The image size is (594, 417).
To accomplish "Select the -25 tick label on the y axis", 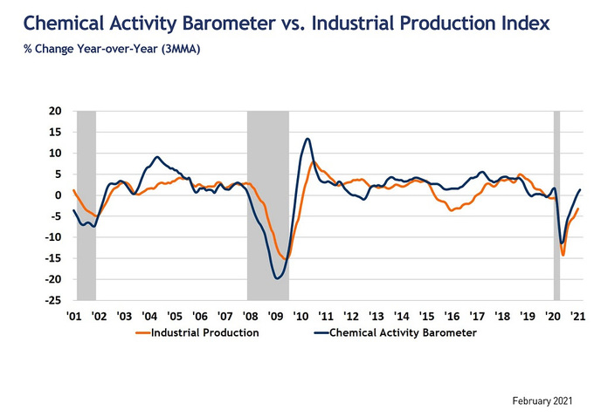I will point(55,300).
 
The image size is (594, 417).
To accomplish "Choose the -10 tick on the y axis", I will point(55,237).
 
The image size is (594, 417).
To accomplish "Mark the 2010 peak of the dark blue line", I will point(307,139).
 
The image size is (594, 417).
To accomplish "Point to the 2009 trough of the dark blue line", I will point(278,278).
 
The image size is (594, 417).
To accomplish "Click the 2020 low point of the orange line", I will point(563,255).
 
